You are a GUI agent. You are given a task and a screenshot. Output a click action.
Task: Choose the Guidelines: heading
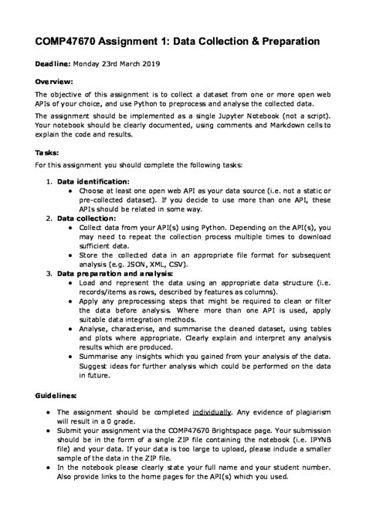[x=57, y=395]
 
